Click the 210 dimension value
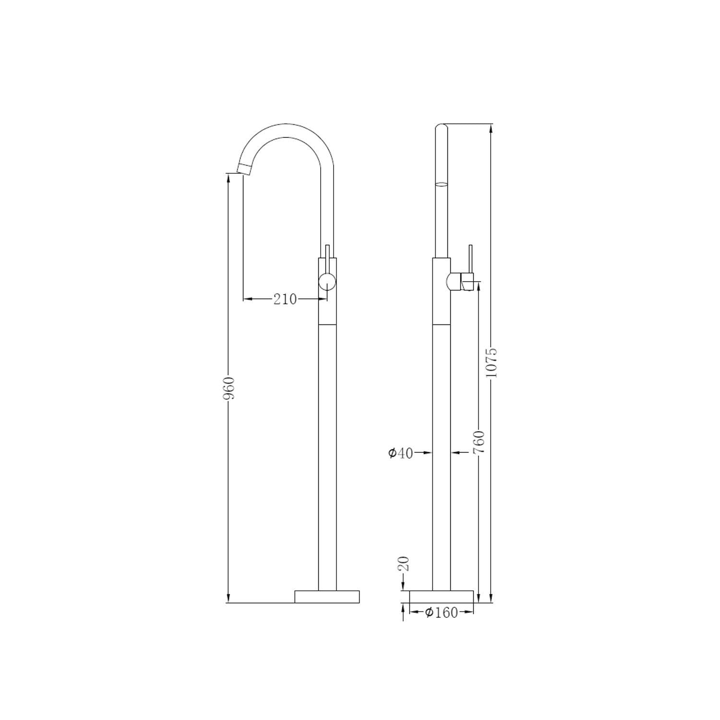point(285,300)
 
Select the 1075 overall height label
point(491,362)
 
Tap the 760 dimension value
point(479,442)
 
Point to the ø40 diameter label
point(400,453)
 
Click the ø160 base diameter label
point(442,612)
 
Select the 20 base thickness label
point(404,563)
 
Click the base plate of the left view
point(327,597)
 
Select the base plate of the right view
point(441,597)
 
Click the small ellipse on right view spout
point(441,183)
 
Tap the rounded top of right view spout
point(441,127)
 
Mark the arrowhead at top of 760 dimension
point(478,287)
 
